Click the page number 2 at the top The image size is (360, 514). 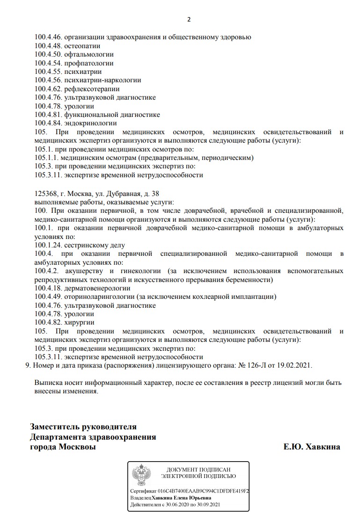tap(189, 20)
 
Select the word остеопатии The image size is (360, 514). tap(82, 46)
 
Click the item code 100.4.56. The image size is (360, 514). tap(48, 80)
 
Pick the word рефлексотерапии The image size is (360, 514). tap(92, 89)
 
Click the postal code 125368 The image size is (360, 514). tap(46, 194)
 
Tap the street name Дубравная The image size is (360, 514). tap(125, 194)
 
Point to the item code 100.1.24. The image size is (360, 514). tap(48, 245)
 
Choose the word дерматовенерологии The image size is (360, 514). tap(98, 288)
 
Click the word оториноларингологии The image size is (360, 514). tap(100, 297)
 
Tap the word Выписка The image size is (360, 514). tap(49, 383)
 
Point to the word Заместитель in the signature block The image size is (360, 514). tap(55, 427)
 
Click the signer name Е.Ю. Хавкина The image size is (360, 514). tap(312, 447)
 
